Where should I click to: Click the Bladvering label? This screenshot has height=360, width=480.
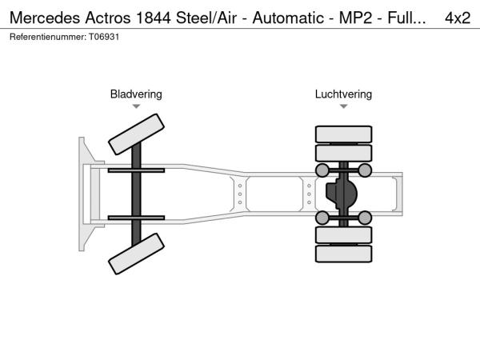[136, 94]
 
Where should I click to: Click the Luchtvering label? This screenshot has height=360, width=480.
[343, 94]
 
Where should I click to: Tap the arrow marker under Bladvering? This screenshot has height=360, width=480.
[136, 106]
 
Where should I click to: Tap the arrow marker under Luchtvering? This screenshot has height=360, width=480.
[343, 106]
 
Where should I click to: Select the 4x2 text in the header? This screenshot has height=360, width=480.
[458, 18]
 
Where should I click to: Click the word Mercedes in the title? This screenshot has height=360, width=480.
[42, 18]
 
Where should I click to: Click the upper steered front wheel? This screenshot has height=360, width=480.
[136, 134]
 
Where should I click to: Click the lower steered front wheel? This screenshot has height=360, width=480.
[136, 255]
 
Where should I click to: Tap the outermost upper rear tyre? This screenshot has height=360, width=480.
[343, 134]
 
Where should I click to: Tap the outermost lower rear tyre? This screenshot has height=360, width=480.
[343, 254]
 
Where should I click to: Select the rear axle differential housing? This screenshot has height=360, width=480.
[342, 194]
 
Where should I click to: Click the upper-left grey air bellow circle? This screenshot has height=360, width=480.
[322, 170]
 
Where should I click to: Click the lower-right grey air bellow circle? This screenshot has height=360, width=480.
[364, 218]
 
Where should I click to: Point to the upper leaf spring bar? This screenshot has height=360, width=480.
[136, 170]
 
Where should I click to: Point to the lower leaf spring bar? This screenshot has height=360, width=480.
[136, 218]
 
